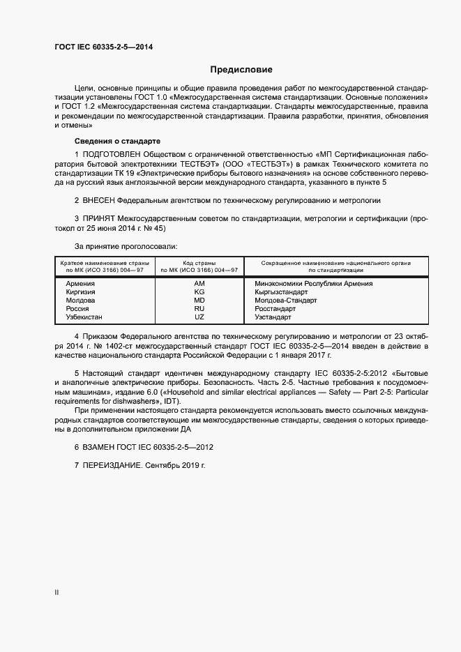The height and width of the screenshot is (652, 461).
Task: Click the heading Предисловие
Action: pos(241,70)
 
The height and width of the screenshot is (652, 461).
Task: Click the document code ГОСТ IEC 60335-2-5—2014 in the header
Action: pos(103,47)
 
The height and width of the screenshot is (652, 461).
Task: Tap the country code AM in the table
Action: pos(199,284)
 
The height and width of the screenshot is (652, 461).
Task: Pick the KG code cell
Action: pos(199,292)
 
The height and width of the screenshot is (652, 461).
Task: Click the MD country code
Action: pos(199,301)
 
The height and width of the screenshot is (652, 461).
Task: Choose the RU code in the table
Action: pos(199,308)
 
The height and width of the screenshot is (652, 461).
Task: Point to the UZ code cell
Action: pos(199,317)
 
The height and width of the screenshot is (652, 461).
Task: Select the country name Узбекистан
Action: pos(84,317)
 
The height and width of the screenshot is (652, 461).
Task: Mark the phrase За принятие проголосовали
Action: pos(126,246)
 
